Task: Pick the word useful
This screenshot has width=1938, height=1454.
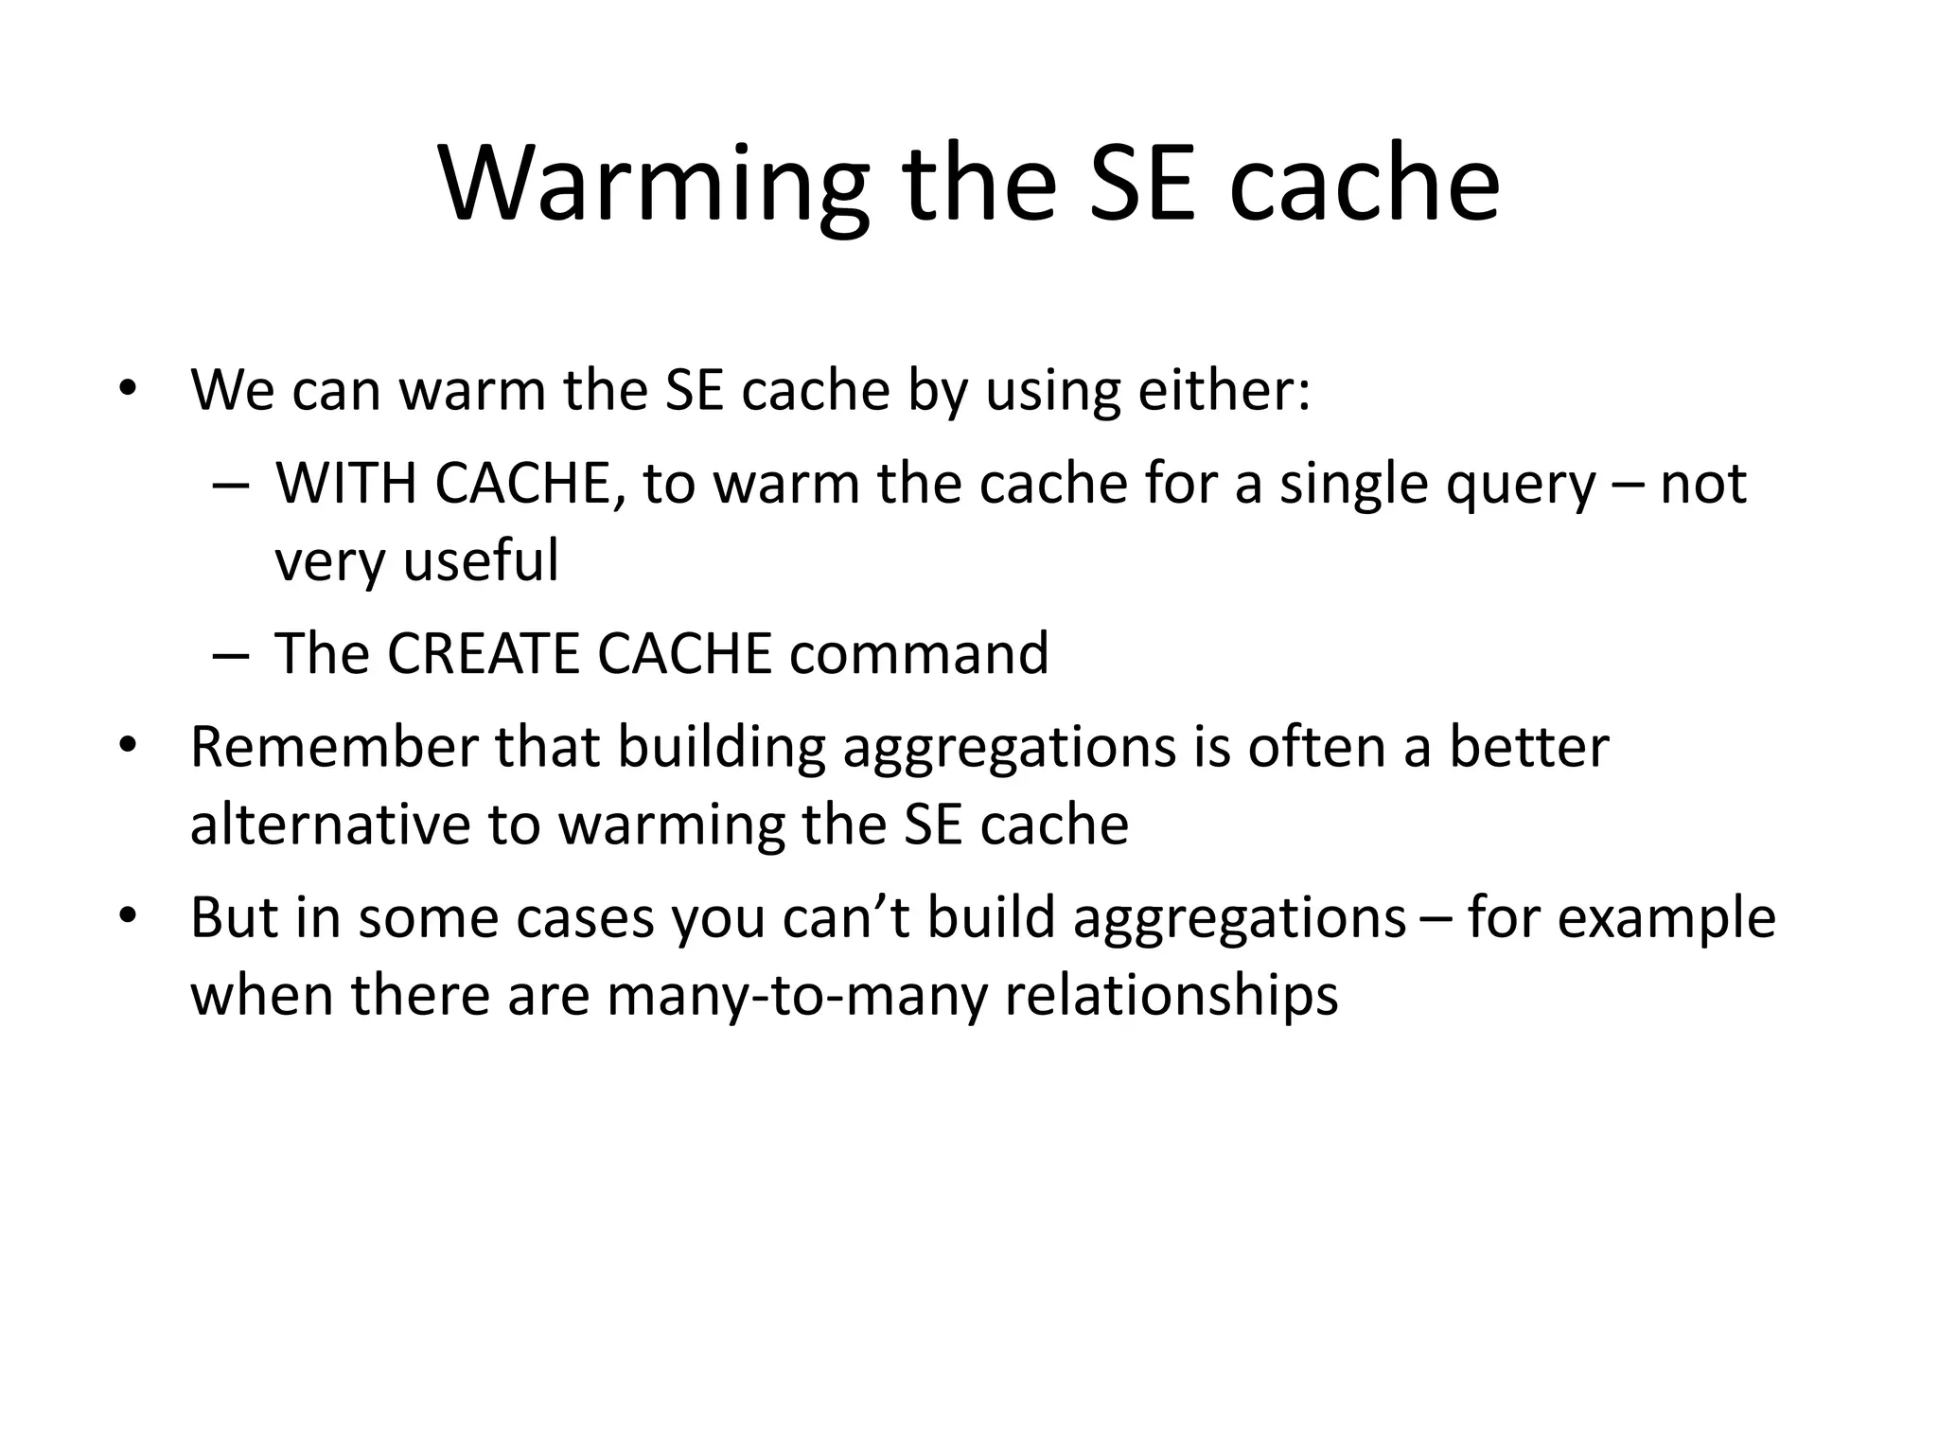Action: [x=481, y=559]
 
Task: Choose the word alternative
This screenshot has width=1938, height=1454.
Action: [x=329, y=824]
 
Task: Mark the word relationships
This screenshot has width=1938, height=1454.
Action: [x=1171, y=996]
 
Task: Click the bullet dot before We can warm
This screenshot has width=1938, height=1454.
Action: [x=128, y=390]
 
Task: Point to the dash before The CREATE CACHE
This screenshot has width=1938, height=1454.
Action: [x=231, y=655]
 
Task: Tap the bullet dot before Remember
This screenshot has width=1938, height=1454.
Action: [x=128, y=747]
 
